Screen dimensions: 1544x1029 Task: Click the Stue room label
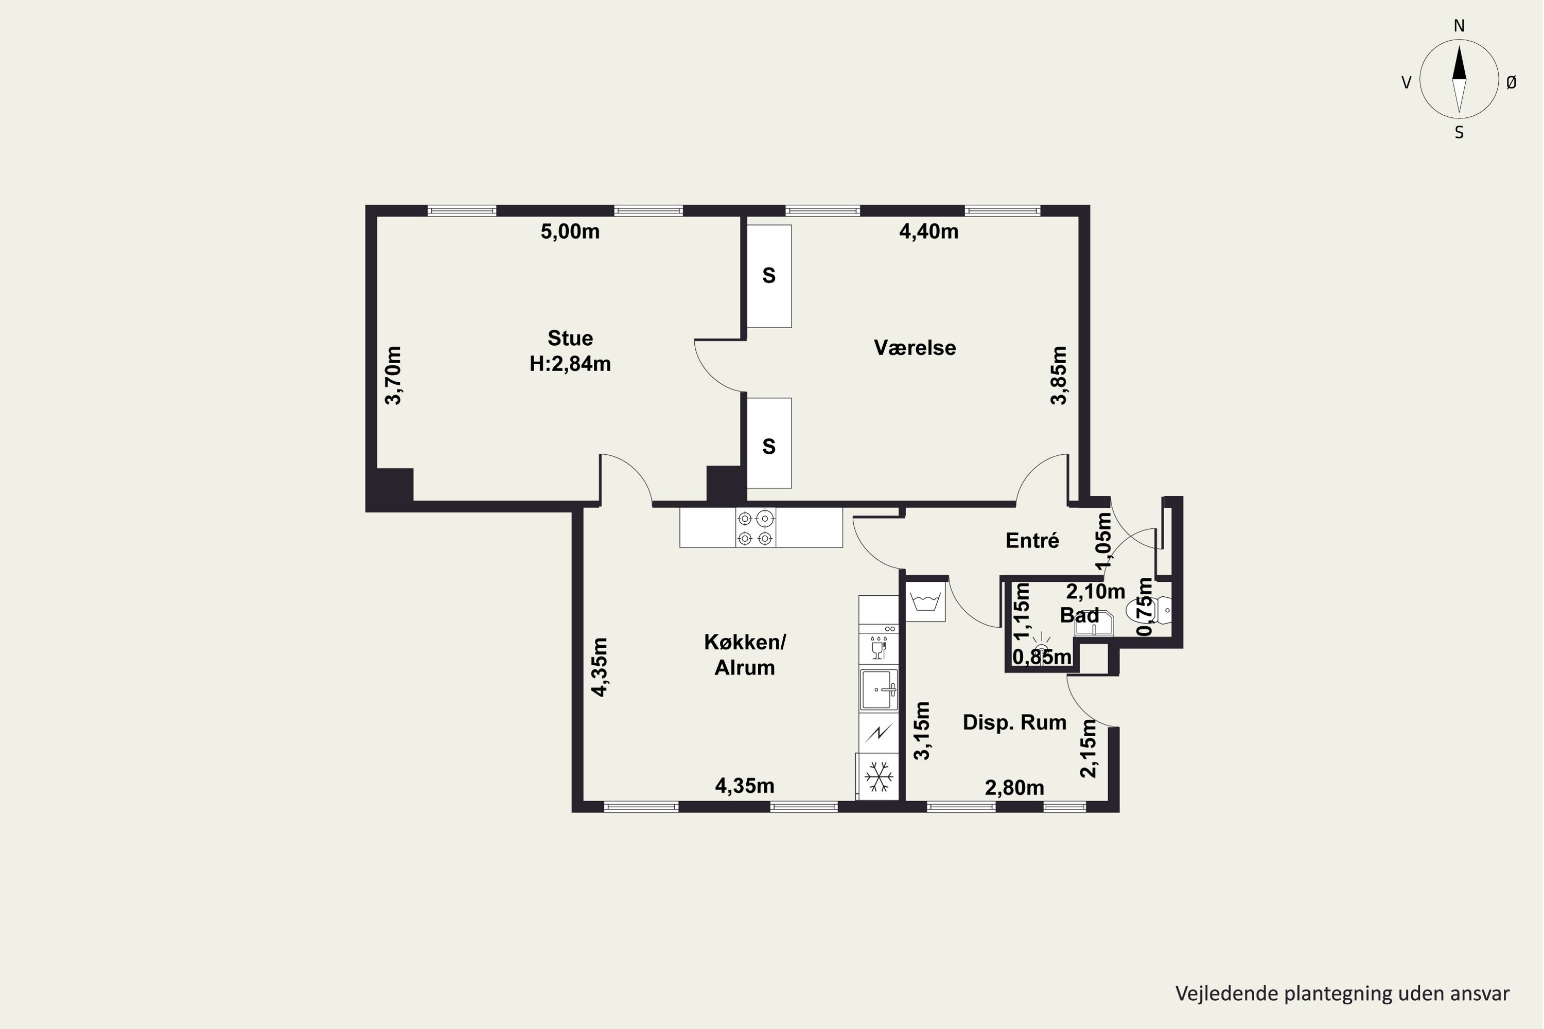click(x=570, y=338)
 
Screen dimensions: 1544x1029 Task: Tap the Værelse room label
click(x=915, y=348)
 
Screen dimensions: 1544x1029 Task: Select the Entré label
click(x=1032, y=541)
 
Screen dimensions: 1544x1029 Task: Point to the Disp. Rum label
click(x=1014, y=722)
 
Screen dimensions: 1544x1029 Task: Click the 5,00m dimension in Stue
click(x=570, y=232)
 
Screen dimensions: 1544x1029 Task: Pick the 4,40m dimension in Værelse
click(x=928, y=232)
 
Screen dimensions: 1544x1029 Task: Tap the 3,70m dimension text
click(x=393, y=376)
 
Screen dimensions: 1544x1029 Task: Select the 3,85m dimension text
click(x=1059, y=376)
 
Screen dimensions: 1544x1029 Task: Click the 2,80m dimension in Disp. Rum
click(x=1014, y=788)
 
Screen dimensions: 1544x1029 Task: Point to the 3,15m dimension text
click(x=922, y=731)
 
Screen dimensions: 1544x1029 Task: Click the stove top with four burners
click(x=755, y=528)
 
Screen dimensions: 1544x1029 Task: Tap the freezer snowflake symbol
click(x=879, y=777)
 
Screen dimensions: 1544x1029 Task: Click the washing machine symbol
click(x=925, y=601)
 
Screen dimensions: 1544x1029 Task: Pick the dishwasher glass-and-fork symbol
click(x=879, y=648)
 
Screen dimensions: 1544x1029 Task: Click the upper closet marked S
click(x=769, y=276)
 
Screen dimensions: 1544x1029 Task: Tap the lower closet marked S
click(x=769, y=443)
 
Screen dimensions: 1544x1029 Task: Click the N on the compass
click(x=1459, y=26)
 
